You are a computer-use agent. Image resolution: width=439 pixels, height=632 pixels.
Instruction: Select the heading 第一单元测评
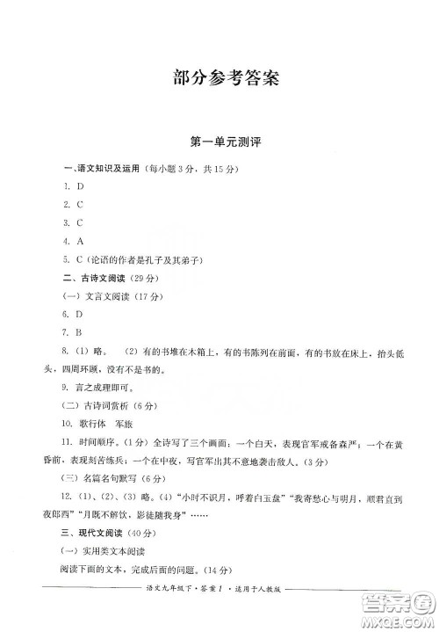click(220, 142)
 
